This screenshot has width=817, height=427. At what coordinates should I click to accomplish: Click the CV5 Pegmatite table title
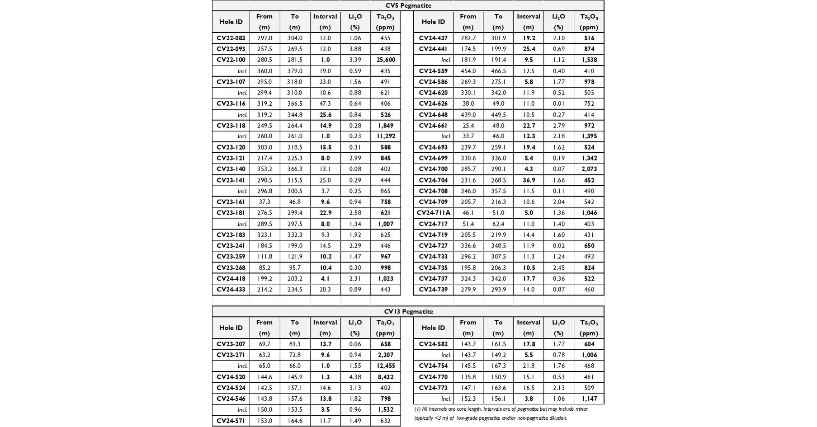[408, 5]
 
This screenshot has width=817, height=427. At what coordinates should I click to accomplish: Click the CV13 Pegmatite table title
[408, 311]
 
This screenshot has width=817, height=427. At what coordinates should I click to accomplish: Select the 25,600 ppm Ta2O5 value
[385, 60]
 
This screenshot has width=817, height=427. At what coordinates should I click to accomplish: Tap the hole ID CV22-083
[231, 38]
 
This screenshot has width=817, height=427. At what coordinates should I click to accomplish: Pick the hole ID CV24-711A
[433, 213]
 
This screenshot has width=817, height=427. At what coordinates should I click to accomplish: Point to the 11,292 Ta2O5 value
[385, 136]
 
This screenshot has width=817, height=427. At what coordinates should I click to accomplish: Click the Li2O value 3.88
[355, 49]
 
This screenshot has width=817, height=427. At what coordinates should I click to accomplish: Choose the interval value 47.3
[325, 103]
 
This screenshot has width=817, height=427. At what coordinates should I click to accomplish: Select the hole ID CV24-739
[433, 289]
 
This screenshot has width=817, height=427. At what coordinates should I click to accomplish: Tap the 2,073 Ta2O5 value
[589, 169]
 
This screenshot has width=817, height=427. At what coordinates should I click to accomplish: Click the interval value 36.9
[528, 180]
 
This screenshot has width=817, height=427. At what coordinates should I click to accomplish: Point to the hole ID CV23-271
[231, 355]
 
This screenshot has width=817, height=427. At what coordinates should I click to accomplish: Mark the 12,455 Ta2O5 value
[385, 366]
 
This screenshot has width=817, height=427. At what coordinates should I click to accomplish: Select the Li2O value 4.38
[355, 377]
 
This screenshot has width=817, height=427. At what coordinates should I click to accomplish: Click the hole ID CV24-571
[231, 421]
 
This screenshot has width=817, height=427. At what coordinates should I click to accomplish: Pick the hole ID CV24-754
[433, 366]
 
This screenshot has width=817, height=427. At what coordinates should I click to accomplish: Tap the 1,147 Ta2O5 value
[589, 399]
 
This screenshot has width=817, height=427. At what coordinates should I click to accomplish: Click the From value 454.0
[468, 71]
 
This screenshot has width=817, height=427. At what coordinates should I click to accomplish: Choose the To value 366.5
[294, 103]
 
